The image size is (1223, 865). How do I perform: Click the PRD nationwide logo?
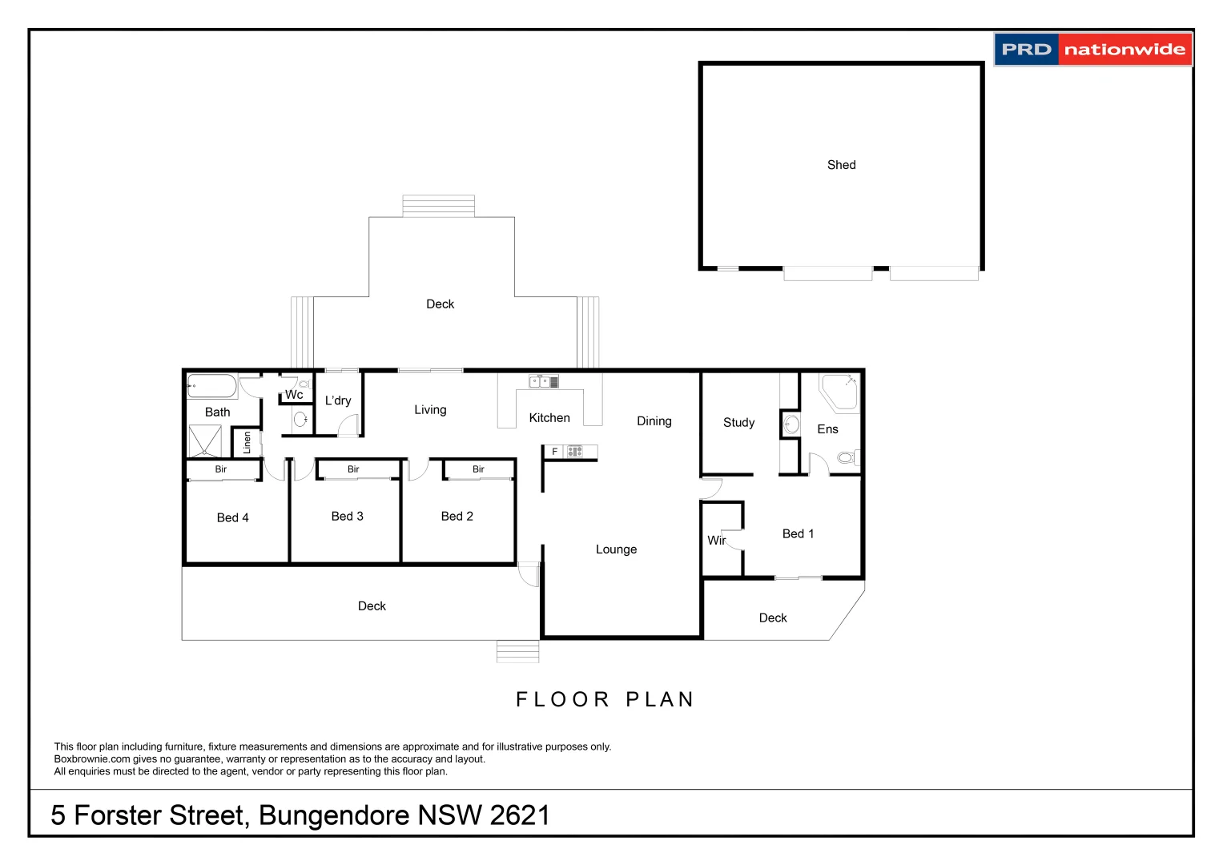click(1092, 50)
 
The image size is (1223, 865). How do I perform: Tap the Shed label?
click(841, 165)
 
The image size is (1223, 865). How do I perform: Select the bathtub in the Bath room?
click(212, 387)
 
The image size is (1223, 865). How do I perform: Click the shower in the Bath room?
click(205, 441)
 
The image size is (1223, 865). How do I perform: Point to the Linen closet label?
click(247, 443)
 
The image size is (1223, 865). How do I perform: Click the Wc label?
click(294, 395)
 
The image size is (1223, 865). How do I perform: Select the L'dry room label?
click(337, 400)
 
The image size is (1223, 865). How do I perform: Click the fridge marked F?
click(554, 452)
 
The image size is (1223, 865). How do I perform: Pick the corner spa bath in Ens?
click(839, 391)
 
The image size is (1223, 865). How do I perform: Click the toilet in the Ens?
click(847, 458)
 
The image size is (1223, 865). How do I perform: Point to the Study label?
click(738, 423)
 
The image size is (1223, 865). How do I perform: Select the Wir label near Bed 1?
click(715, 541)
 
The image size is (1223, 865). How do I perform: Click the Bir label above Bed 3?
click(353, 469)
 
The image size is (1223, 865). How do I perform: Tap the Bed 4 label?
click(232, 518)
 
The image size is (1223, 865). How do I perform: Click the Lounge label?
click(616, 549)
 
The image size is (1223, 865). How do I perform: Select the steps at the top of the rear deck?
click(438, 206)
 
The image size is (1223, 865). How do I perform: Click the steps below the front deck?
click(517, 652)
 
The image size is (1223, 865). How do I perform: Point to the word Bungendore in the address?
click(334, 815)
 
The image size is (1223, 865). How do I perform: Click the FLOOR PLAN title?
click(605, 699)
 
